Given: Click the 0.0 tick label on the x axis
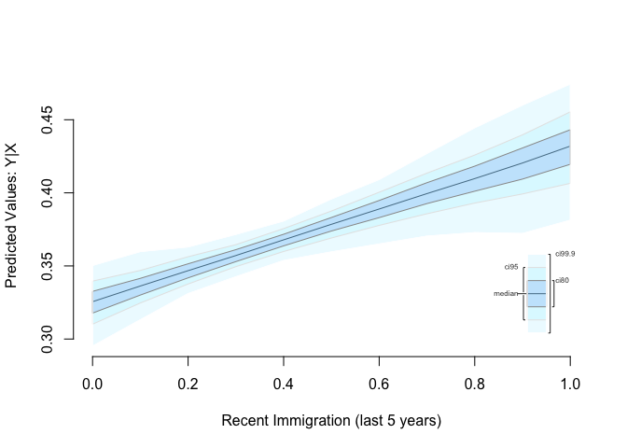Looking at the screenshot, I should click(92, 384).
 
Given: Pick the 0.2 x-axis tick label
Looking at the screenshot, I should click(188, 384).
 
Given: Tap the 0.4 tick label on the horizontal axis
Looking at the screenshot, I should click(284, 384).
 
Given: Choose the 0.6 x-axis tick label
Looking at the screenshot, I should click(379, 384).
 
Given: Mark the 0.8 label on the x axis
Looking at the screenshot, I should click(475, 384).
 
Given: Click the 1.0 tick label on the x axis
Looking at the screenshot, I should click(570, 384).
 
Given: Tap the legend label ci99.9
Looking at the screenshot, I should click(564, 254).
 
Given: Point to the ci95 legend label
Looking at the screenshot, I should click(510, 267).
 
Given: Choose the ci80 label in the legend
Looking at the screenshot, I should click(563, 280).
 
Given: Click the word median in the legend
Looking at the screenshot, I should click(505, 294).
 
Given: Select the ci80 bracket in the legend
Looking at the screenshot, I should click(553, 293).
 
